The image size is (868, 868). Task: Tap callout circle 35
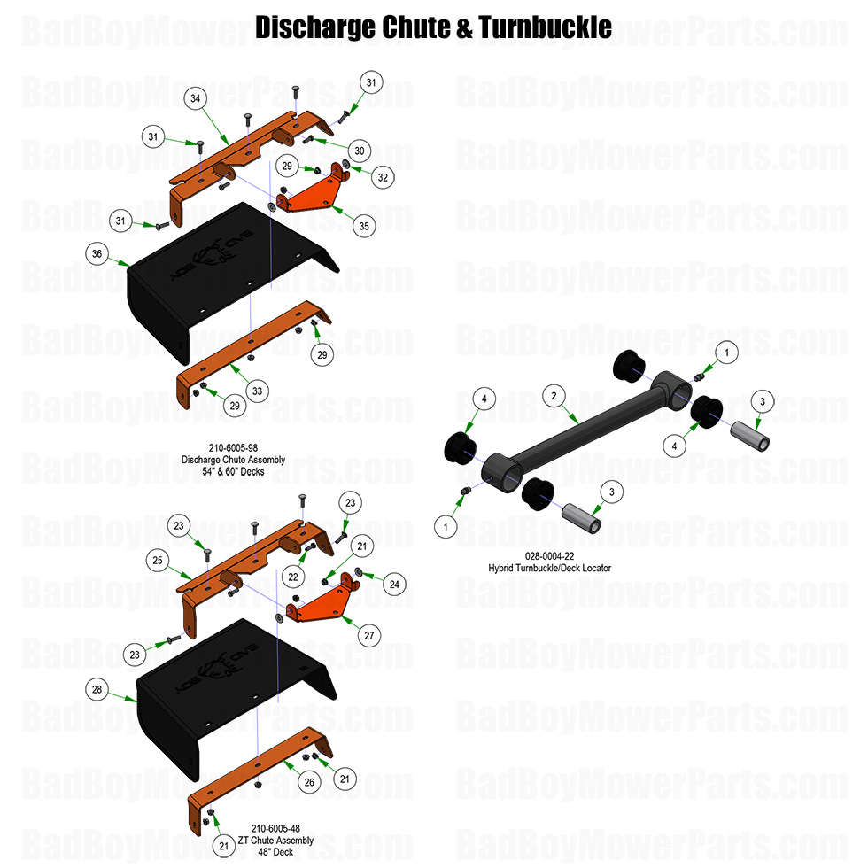tap(362, 225)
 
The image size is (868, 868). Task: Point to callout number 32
tap(383, 177)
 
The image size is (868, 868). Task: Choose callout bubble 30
tap(359, 150)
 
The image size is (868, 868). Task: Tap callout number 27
tap(370, 634)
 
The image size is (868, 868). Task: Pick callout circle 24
tap(394, 584)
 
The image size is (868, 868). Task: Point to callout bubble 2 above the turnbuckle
tap(554, 396)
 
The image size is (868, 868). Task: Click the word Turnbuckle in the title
tap(545, 27)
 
